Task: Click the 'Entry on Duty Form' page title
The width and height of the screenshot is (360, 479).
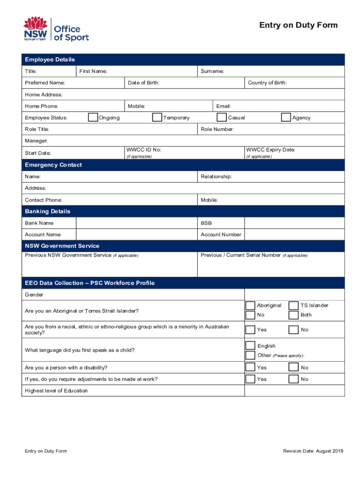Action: (x=298, y=25)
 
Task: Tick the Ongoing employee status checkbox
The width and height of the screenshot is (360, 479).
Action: (x=93, y=117)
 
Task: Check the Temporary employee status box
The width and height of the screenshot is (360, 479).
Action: (x=158, y=117)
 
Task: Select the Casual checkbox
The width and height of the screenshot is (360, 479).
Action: (x=222, y=117)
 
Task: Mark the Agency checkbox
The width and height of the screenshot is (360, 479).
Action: (x=286, y=117)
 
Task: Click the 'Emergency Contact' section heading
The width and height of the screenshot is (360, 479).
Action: (x=53, y=165)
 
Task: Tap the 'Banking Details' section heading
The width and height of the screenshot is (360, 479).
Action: (x=48, y=211)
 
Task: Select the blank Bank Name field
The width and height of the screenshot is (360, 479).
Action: (x=137, y=223)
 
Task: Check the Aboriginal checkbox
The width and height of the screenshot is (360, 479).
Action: (x=251, y=305)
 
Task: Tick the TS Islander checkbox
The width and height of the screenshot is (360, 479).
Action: (x=294, y=305)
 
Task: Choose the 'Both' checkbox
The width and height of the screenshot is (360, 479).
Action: (x=294, y=315)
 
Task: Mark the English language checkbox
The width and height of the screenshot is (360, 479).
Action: (x=251, y=346)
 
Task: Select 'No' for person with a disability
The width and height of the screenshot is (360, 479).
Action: (x=294, y=368)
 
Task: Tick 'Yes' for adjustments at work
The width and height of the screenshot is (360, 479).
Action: (x=251, y=379)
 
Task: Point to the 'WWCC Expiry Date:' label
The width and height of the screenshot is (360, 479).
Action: (x=270, y=150)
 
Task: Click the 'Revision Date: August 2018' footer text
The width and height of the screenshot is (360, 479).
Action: (x=313, y=451)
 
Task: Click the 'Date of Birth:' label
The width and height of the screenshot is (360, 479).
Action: (x=144, y=83)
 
